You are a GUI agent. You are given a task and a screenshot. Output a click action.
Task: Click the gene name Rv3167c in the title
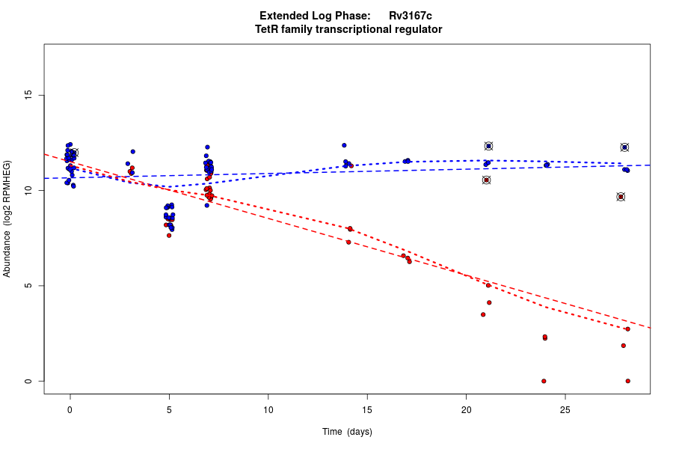410,16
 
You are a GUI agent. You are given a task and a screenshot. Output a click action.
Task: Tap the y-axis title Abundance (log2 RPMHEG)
7,219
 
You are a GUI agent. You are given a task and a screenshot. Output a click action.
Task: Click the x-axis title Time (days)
347,432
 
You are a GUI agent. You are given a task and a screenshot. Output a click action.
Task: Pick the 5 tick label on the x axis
169,410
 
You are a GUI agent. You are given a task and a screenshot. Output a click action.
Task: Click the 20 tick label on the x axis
466,410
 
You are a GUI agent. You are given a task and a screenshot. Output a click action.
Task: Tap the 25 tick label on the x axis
565,410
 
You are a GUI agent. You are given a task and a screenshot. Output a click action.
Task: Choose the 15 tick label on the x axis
367,410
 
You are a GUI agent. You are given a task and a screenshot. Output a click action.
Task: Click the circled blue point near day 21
488,146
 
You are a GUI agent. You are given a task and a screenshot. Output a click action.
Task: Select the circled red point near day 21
486,180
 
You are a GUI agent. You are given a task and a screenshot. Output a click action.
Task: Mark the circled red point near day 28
621,197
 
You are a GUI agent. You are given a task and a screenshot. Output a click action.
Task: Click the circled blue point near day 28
624,147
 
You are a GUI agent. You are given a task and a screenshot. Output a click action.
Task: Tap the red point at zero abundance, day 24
544,381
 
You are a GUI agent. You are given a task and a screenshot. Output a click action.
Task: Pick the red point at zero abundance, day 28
627,381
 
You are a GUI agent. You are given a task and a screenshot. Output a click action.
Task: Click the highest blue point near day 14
344,145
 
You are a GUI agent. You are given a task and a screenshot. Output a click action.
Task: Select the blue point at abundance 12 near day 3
133,152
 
